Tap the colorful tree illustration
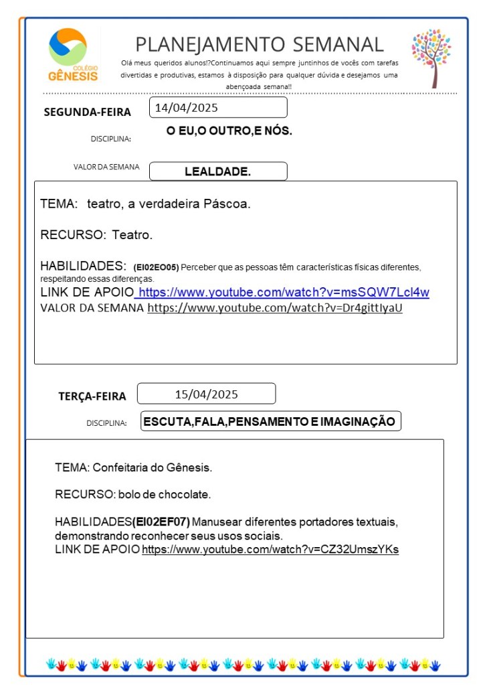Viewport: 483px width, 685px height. [431, 56]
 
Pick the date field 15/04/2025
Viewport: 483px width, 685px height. [206, 394]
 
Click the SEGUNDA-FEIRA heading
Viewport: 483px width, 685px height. [87, 112]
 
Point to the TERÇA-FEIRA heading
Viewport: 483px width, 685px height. [92, 396]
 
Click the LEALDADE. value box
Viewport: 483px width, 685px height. [217, 171]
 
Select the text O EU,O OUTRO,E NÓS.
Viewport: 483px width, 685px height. [229, 131]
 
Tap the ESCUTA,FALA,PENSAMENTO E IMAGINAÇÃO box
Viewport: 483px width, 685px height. [270, 421]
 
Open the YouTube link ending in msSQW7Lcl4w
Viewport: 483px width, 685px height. [283, 293]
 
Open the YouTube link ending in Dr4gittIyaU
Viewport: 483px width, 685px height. [275, 309]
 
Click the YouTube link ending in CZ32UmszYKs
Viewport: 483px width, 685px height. [270, 550]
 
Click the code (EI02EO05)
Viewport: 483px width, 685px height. [156, 267]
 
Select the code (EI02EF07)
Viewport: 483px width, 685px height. [161, 522]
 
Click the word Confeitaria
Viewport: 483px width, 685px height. [120, 467]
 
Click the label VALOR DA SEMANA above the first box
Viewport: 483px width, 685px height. [106, 167]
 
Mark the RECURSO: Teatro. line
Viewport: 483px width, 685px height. [96, 235]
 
